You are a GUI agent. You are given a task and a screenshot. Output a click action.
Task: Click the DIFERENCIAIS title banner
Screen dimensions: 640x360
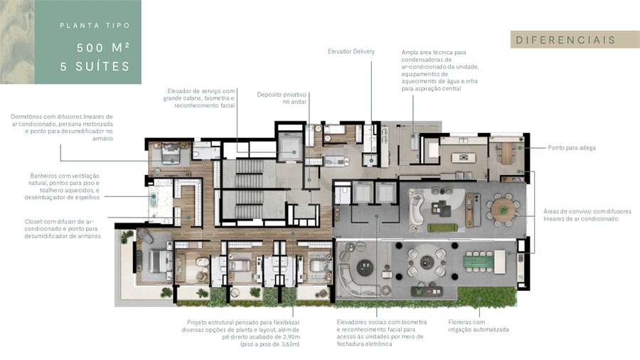coord(575,40)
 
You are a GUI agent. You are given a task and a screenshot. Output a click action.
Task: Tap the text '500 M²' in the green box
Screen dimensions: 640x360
coord(103,48)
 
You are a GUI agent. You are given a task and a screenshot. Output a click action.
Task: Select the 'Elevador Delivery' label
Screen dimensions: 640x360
coord(351,51)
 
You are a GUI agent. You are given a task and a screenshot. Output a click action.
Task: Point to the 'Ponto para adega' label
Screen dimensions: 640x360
coord(572,148)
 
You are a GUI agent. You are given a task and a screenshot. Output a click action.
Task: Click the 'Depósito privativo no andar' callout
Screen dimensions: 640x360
coord(282,98)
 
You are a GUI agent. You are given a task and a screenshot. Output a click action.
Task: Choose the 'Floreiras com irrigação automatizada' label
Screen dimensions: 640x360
coord(479,326)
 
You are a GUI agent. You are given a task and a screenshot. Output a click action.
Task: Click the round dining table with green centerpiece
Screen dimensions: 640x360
coord(503,210)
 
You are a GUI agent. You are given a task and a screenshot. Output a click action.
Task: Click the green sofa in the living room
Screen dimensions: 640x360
coord(442,228)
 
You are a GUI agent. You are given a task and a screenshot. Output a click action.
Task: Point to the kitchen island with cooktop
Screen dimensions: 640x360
coord(463,157)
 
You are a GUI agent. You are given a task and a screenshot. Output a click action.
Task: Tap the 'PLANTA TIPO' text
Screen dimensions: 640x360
coord(95,26)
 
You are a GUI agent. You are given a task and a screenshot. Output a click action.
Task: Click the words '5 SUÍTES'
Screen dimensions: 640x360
coord(95,66)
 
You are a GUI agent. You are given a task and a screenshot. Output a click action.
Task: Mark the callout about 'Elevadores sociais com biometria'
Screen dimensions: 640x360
coord(382,333)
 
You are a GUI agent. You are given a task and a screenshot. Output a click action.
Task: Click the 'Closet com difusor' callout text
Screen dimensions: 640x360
coord(63,228)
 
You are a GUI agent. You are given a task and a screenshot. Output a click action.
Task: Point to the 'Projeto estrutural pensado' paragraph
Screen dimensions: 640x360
coord(241,333)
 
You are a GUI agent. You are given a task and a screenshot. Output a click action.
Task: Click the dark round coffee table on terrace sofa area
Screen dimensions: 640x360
coord(365,268)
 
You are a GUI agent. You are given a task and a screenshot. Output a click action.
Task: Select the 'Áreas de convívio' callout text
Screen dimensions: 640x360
coord(587,215)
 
